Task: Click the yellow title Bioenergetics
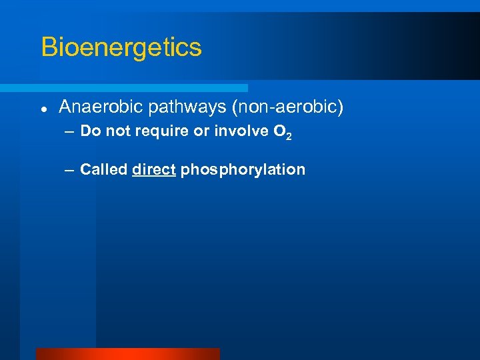121,47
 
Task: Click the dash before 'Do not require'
70,131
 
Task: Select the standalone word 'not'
118,131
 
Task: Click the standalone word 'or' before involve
201,131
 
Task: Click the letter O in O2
279,131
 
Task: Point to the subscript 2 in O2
289,136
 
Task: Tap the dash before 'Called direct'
70,170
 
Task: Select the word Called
103,169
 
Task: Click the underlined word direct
154,169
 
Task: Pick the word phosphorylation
243,170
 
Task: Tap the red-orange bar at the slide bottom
127,354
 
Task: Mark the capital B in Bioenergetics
49,47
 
